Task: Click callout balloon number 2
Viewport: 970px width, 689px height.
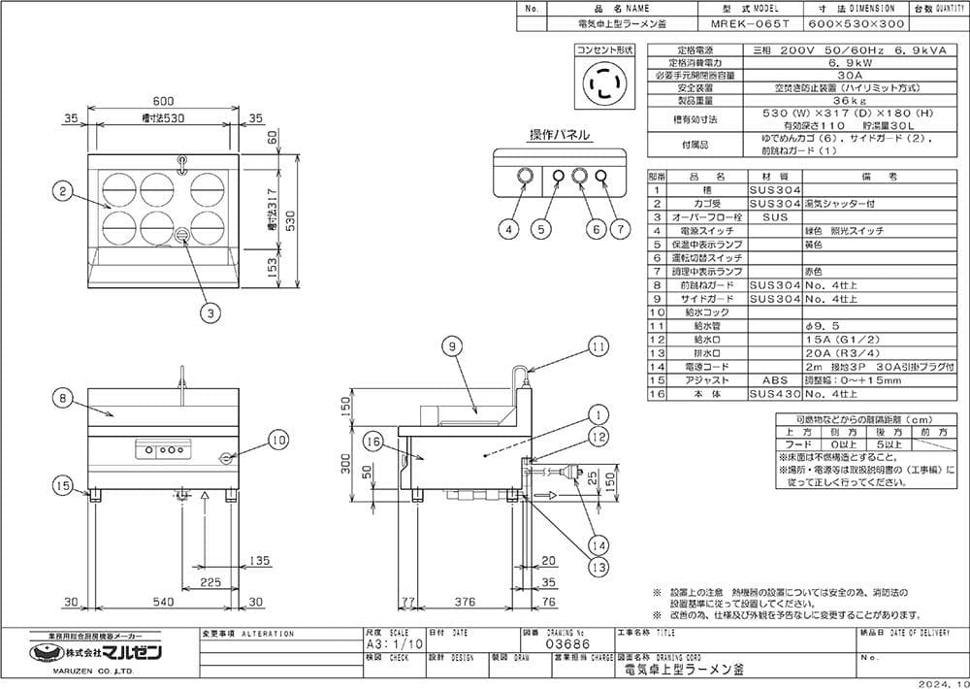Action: click(x=61, y=192)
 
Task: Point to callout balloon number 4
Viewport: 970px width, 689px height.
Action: click(x=509, y=229)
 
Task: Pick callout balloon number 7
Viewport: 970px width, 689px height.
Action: click(x=620, y=229)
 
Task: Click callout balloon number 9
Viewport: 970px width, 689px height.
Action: click(x=452, y=344)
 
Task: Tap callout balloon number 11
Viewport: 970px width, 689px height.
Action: click(x=598, y=344)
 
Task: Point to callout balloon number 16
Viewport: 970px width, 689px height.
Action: click(x=374, y=442)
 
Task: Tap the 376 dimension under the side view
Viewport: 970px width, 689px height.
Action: click(x=465, y=602)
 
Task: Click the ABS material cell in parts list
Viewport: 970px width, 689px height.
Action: click(x=774, y=381)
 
